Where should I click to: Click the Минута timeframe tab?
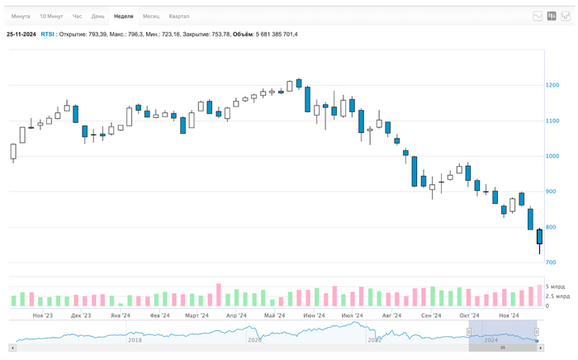[x=21, y=16]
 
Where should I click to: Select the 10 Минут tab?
[x=51, y=16]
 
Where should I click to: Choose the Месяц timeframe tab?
[x=151, y=16]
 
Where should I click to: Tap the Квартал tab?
[x=178, y=16]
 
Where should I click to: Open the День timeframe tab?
[x=97, y=16]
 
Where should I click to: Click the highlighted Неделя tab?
[x=124, y=16]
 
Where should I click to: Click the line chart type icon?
[x=538, y=16]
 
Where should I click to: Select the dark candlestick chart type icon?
[x=552, y=16]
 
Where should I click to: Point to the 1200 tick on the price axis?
[x=552, y=86]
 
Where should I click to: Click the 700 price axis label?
[x=551, y=263]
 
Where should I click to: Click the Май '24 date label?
[x=275, y=315]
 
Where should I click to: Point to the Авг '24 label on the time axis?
[x=391, y=315]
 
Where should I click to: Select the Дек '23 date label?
[x=81, y=315]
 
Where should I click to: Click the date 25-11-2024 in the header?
[x=21, y=34]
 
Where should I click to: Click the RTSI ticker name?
[x=48, y=34]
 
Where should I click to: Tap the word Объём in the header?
[x=243, y=34]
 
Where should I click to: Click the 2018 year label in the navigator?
[x=134, y=339]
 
